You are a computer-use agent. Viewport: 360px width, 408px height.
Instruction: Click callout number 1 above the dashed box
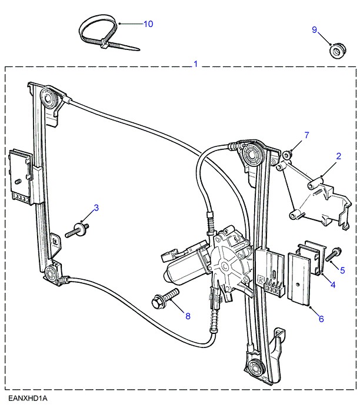pos(196,63)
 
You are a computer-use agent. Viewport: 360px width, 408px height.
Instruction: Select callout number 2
pos(339,156)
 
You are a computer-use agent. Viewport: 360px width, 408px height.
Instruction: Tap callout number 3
pos(96,208)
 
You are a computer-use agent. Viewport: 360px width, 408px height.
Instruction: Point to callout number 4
pos(333,285)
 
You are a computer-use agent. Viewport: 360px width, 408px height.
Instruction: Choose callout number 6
pos(321,319)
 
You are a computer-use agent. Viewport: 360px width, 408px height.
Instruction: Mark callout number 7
pos(306,136)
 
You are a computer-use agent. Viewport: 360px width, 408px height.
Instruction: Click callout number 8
pos(188,316)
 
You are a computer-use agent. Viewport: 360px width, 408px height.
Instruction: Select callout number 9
pos(314,30)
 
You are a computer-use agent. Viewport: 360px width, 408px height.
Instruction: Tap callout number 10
pos(148,24)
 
